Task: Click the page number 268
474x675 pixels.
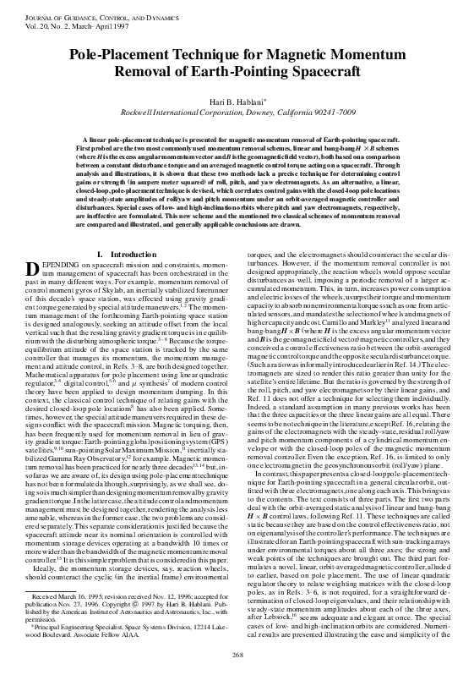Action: click(237, 656)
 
